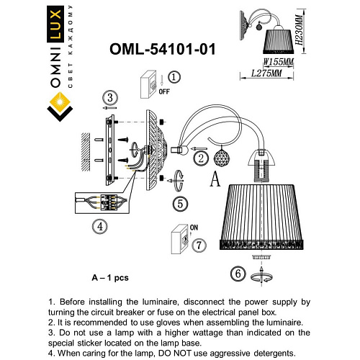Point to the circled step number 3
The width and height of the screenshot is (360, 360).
coord(109,98)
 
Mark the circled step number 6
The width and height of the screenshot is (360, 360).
coord(236,273)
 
